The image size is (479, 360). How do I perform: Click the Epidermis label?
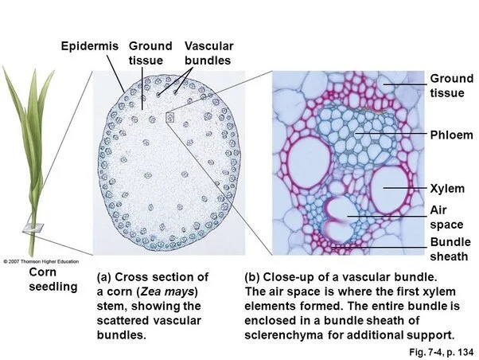89,46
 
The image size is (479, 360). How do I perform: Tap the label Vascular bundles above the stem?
208,53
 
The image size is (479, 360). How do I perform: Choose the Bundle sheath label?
450,249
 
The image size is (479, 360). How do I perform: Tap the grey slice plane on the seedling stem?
31,228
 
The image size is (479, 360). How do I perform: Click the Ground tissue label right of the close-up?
451,86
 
